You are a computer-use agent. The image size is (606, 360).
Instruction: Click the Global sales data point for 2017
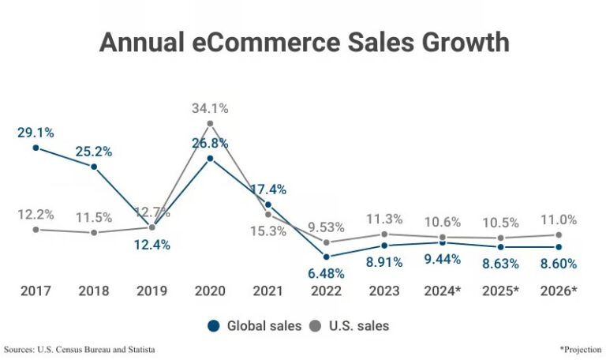[x=36, y=147]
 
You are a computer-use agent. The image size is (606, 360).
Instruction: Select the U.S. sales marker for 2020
[x=210, y=123]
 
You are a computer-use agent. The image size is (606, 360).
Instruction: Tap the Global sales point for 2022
[x=326, y=257]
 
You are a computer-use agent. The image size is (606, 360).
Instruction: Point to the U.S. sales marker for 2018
[x=94, y=233]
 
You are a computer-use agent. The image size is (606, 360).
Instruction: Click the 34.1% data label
[x=210, y=108]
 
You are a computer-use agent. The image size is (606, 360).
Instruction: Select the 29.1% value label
[x=36, y=132]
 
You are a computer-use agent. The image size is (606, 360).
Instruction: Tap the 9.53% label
[x=326, y=227]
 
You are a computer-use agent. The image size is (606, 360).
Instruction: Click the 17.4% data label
[x=268, y=189]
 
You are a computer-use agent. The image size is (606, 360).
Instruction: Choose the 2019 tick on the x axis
[x=151, y=291]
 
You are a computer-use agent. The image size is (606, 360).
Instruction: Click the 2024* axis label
[x=443, y=291]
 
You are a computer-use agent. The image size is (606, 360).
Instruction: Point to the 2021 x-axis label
[x=268, y=291]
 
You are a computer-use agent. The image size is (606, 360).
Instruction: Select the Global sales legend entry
[x=254, y=325]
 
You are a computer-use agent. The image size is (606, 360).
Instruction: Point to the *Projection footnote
[x=579, y=348]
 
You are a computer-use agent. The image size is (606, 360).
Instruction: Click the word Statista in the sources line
[x=136, y=348]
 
